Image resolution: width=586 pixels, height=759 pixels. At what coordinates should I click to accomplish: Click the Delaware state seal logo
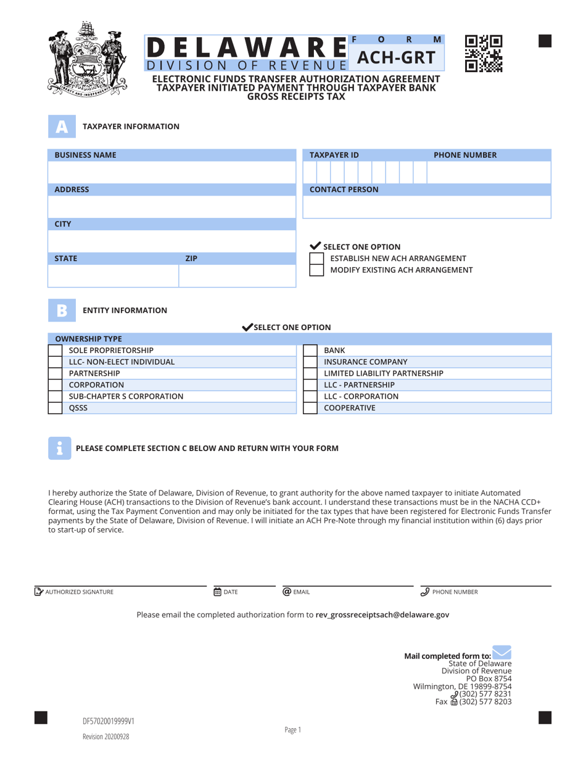click(x=86, y=57)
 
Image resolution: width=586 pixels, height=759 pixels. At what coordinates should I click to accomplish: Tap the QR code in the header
click(x=484, y=54)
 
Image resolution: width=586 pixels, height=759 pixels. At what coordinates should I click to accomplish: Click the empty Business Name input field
click(x=171, y=172)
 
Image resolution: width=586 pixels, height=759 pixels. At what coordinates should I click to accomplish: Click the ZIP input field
click(x=237, y=276)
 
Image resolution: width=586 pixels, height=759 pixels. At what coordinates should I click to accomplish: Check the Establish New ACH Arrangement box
click(x=316, y=259)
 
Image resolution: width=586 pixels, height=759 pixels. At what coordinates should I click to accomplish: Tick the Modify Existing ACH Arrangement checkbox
click(x=316, y=270)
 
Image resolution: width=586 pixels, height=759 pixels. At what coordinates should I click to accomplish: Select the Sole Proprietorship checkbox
click(x=56, y=350)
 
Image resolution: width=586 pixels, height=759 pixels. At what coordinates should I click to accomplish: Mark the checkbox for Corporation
click(x=56, y=385)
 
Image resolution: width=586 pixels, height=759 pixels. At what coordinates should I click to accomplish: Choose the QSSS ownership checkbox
click(x=56, y=408)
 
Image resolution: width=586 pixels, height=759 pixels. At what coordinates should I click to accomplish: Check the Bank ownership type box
click(x=310, y=350)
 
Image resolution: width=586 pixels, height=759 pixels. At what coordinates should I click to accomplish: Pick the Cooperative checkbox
click(x=310, y=408)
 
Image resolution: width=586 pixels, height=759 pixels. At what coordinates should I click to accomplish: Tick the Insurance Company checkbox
click(x=310, y=362)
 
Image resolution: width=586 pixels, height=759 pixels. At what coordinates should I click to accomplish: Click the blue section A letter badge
click(x=61, y=126)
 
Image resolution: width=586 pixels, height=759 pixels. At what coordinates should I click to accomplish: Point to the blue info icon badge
click(x=59, y=449)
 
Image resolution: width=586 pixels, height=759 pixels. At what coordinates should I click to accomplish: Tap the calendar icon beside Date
click(x=217, y=592)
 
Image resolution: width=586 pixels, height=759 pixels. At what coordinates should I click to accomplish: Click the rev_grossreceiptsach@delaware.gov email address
click(x=382, y=615)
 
